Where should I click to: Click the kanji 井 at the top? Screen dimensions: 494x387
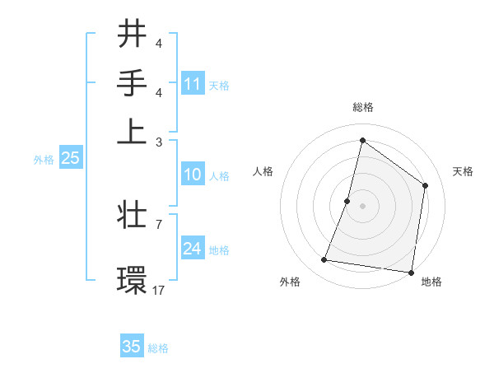[132, 35]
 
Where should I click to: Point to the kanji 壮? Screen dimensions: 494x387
[132, 217]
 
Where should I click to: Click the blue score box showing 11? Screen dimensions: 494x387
[193, 84]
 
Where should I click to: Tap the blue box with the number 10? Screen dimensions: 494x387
[193, 175]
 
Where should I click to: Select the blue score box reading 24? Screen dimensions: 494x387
[193, 249]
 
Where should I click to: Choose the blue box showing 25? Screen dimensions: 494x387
[70, 159]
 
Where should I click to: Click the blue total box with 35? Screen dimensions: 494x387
[132, 347]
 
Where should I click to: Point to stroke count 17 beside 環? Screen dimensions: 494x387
[158, 290]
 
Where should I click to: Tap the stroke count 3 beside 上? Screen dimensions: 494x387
[158, 142]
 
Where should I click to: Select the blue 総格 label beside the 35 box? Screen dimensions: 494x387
[158, 348]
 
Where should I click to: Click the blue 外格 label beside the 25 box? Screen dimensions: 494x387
[44, 160]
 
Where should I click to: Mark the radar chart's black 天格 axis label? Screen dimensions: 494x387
[463, 172]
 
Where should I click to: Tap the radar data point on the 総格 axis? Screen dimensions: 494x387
[362, 140]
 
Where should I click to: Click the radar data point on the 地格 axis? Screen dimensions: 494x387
[411, 272]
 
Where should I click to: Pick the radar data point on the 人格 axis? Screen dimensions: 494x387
[347, 200]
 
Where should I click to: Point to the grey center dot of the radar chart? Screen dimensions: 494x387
[362, 205]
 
